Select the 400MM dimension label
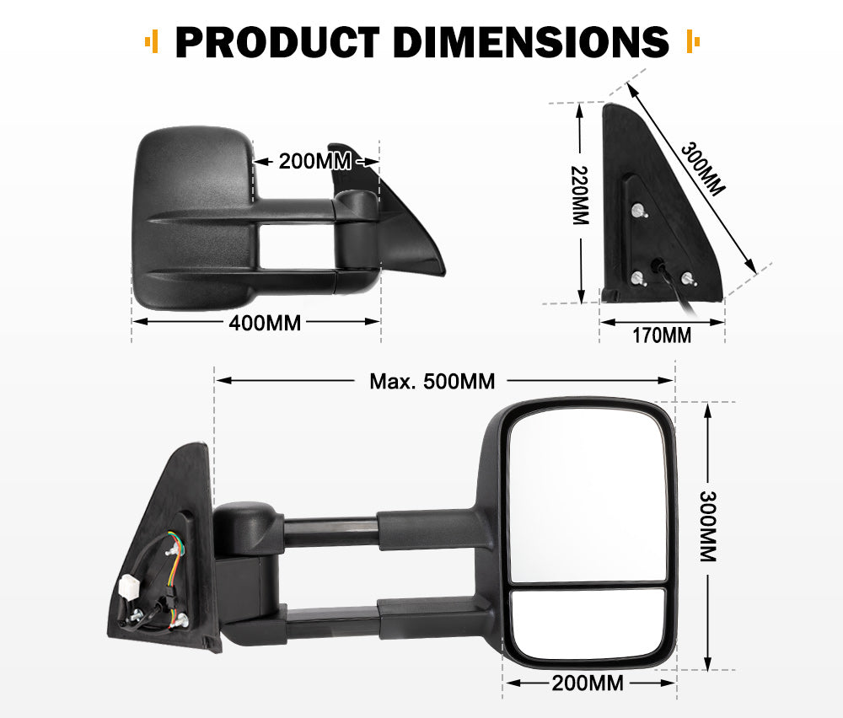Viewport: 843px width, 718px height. click(265, 322)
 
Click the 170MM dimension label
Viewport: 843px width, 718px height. click(662, 335)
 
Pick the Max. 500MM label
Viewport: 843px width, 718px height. click(432, 381)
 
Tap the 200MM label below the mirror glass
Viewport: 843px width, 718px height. click(589, 683)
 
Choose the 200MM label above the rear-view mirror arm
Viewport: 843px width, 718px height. click(307, 160)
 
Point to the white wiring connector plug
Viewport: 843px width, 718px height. click(131, 587)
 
